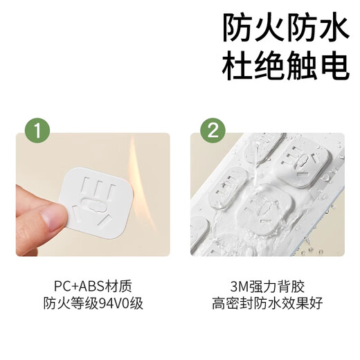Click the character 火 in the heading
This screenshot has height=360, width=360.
[267, 28]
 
